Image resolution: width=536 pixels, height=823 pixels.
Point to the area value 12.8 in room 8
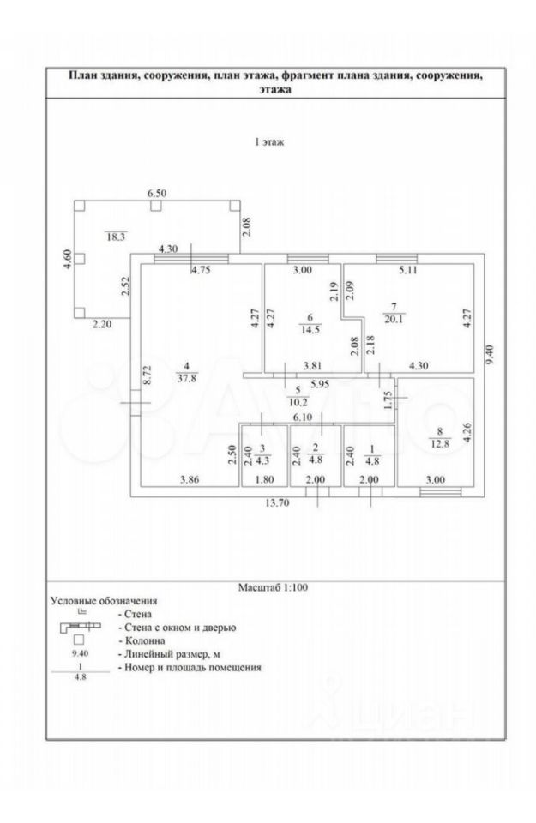tap(438, 443)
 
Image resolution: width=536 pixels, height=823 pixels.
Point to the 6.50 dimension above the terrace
tap(155, 195)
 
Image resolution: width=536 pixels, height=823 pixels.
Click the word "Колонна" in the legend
tap(143, 640)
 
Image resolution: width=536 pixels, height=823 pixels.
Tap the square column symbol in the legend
tap(80, 640)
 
